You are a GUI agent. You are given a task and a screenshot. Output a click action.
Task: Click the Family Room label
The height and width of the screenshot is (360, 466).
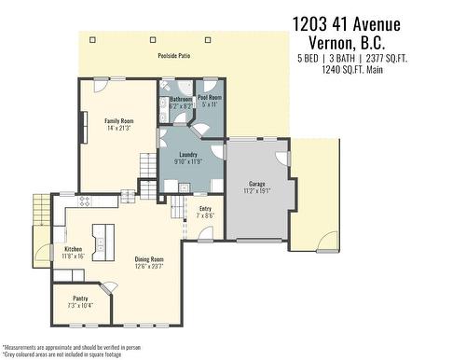118,120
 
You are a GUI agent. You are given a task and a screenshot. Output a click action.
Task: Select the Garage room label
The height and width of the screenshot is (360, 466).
257,184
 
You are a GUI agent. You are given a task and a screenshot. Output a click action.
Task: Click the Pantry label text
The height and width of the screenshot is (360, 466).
80,298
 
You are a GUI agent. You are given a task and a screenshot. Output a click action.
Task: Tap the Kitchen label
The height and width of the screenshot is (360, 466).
73,249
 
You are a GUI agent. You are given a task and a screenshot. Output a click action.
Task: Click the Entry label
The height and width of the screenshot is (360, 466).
205,209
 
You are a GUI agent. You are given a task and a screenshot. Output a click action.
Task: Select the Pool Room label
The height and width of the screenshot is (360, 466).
209,97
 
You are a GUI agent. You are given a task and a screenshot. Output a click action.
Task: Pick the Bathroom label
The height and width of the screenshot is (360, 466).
181,99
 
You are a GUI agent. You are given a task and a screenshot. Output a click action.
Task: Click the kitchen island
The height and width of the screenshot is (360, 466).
103,242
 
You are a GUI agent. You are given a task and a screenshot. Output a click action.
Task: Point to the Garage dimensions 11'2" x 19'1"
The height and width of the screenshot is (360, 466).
257,191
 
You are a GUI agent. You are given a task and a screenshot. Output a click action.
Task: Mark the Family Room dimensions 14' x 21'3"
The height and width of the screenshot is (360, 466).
118,128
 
